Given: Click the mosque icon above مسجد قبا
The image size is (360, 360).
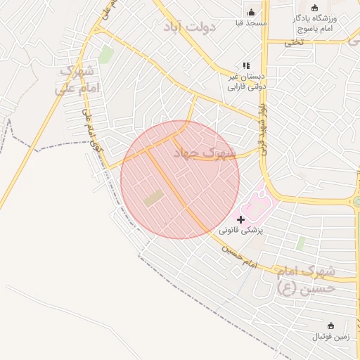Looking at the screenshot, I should [x=251, y=11].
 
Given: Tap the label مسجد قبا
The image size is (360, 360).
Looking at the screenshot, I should [x=252, y=23].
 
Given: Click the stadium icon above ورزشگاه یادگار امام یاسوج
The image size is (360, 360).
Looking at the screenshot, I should [x=314, y=7].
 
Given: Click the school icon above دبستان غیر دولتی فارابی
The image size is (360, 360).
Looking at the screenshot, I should [x=246, y=65].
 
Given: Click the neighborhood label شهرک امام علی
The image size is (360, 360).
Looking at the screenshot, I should [x=78, y=79].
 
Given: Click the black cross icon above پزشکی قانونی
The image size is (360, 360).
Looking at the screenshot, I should [x=241, y=219].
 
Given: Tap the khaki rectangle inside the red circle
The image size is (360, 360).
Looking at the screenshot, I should [x=154, y=198].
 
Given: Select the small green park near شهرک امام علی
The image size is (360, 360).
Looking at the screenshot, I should [x=105, y=53].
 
